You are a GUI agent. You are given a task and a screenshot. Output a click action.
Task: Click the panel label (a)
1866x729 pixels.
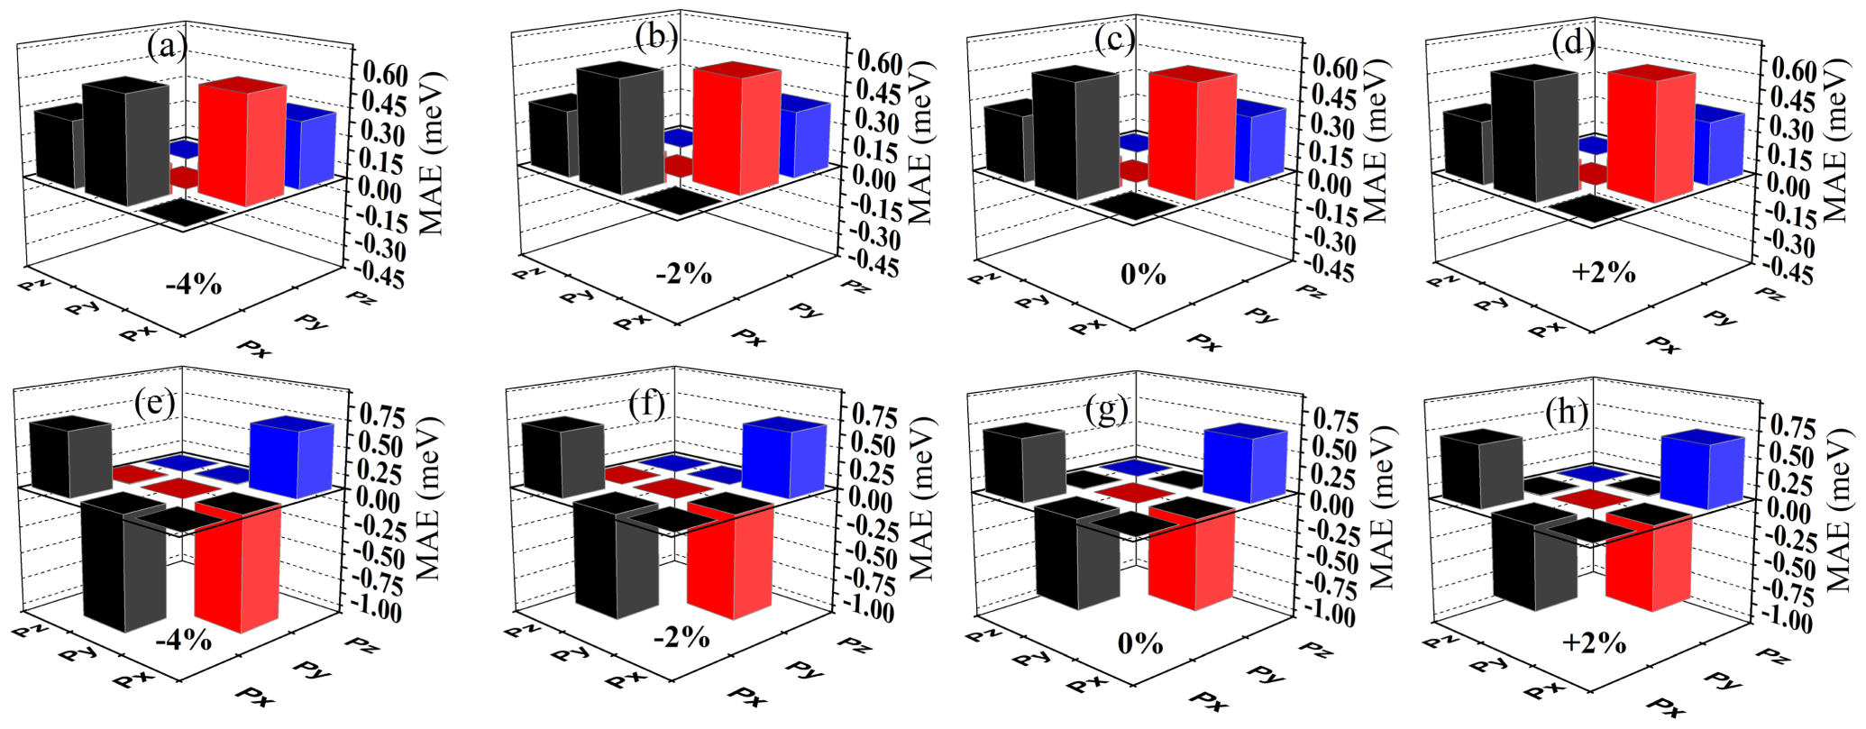coord(169,46)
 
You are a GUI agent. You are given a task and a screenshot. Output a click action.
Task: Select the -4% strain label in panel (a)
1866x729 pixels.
coord(193,285)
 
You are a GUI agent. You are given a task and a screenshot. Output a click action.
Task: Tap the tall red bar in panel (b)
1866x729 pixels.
coord(736,131)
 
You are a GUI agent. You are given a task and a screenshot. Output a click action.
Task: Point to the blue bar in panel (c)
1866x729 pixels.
coord(1259,144)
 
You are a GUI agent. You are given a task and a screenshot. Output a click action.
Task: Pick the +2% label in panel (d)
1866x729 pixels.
coord(1603,271)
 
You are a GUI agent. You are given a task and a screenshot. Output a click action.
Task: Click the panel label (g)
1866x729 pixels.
coord(1107,411)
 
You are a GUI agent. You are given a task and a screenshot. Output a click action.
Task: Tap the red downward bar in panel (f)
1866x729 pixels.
coord(729,563)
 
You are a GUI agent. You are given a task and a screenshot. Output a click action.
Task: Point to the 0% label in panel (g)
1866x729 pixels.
coord(1141,644)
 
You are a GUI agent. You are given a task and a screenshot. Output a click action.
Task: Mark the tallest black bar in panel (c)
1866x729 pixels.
coord(1075,135)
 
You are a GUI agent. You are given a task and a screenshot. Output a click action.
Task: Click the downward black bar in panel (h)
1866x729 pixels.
coord(1533,559)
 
